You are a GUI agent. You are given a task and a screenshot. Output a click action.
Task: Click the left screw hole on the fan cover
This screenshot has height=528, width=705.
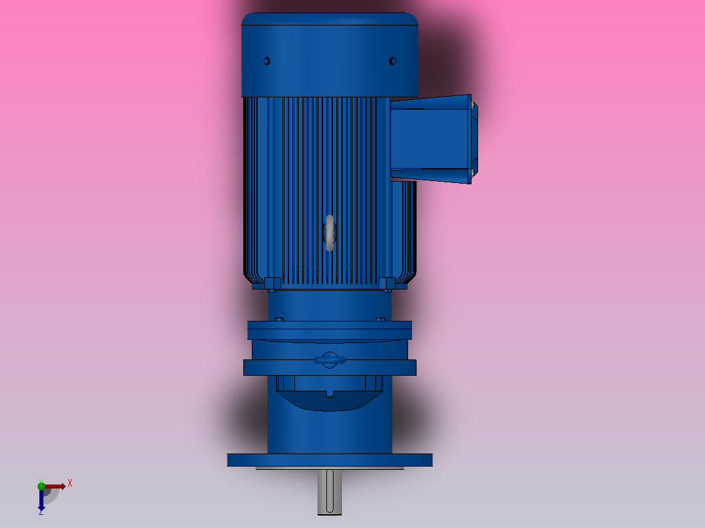tap(267, 61)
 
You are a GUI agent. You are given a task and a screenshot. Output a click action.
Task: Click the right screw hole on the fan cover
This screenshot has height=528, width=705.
tap(392, 61)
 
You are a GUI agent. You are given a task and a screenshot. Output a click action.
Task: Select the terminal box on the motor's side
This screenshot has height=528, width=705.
tap(432, 139)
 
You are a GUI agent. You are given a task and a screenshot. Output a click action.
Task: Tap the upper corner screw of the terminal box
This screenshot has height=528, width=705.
tap(472, 104)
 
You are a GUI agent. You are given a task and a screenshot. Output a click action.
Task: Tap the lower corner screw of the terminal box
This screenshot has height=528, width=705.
tap(472, 173)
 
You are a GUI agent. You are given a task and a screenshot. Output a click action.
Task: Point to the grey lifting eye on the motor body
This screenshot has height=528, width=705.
tap(330, 233)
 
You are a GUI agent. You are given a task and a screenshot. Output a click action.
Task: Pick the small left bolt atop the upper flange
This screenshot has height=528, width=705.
tap(279, 320)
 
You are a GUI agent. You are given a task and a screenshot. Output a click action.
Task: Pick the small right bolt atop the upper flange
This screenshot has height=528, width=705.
tap(381, 320)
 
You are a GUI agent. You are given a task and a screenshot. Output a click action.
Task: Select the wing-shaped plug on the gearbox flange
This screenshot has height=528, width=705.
tap(330, 359)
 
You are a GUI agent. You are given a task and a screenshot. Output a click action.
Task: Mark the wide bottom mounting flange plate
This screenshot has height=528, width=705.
tap(330, 460)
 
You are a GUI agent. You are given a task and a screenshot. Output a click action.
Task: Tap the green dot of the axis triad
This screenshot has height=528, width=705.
tap(41, 485)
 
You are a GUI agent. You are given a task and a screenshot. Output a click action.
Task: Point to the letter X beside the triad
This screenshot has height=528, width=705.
tap(70, 484)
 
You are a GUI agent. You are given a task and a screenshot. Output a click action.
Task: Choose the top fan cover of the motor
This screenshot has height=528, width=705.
tap(330, 56)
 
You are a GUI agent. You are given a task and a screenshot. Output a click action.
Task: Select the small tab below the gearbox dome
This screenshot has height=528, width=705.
tap(330, 393)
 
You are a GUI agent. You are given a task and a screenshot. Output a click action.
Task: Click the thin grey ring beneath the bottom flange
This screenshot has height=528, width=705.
tap(330, 469)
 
